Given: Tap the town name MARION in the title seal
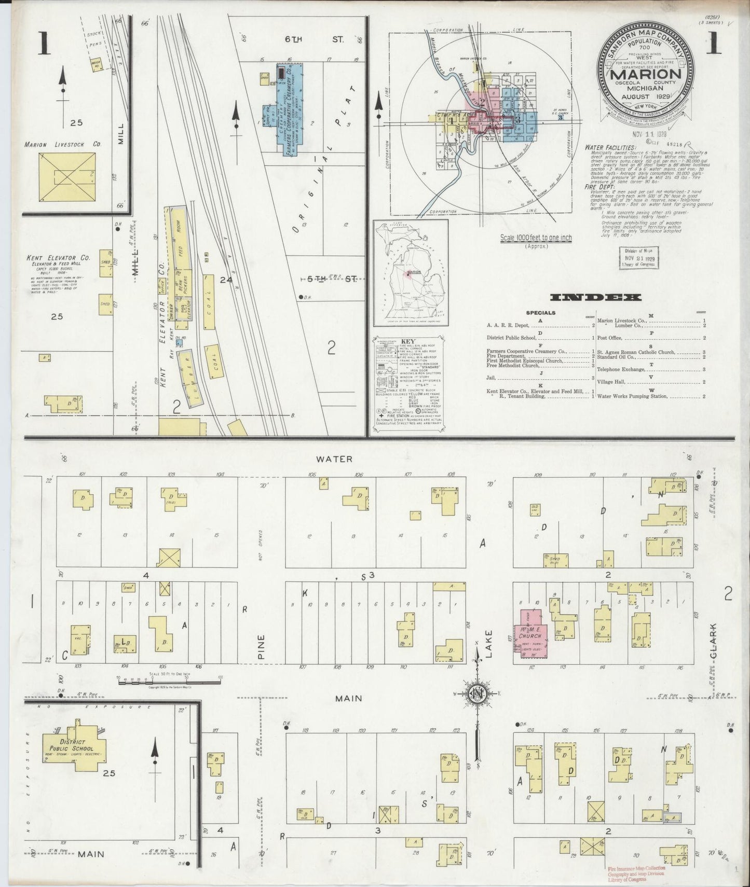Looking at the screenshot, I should [646, 73].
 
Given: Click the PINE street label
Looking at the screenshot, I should [262, 647].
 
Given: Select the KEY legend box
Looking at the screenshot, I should [407, 384].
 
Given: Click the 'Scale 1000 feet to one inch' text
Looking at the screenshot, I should [536, 238].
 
